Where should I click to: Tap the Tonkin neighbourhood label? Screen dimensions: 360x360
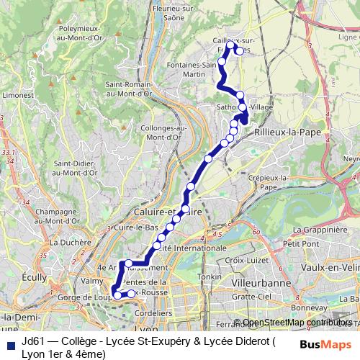coord(210,276)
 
